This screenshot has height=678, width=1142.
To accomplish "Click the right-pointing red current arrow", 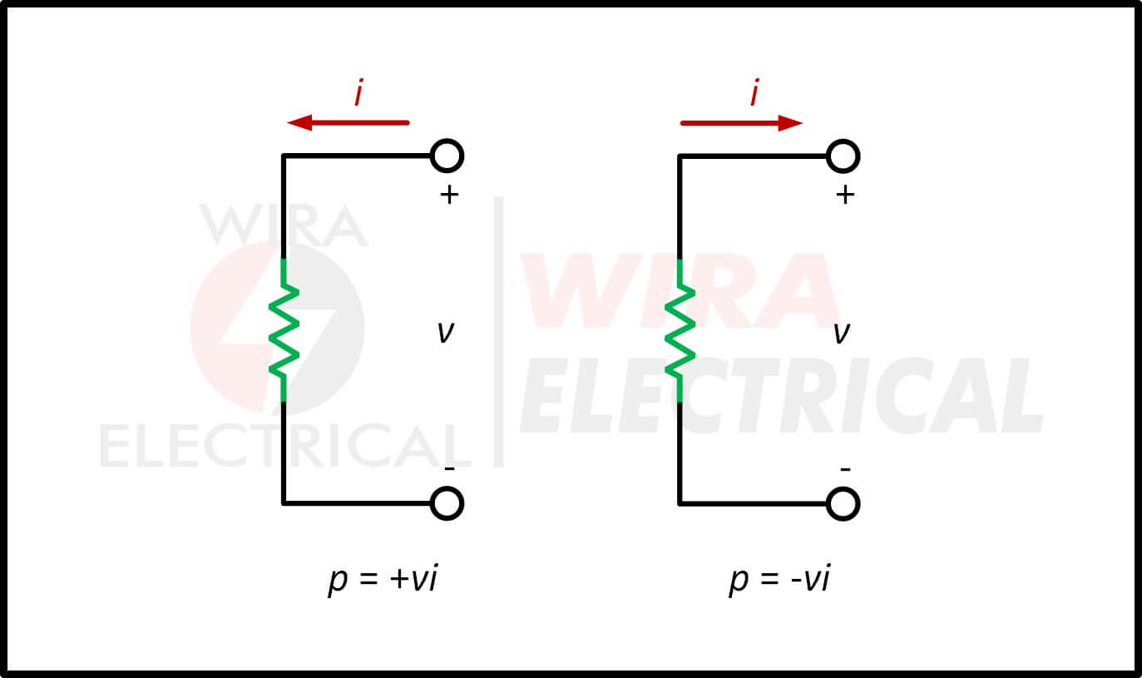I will click(741, 124).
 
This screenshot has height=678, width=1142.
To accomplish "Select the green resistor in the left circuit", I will click(284, 329).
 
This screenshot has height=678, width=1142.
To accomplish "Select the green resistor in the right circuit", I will click(680, 329).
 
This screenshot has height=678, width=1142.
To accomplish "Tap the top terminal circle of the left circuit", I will click(447, 156).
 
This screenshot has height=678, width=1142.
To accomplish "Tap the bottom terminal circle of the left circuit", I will click(447, 503).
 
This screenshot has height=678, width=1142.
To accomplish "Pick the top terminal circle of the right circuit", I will click(843, 156).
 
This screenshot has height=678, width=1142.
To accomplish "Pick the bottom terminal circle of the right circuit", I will click(843, 503).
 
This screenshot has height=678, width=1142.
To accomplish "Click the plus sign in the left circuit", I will click(448, 195).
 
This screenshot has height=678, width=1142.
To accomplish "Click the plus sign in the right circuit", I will click(845, 195).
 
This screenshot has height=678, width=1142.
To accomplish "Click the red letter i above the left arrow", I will click(358, 93).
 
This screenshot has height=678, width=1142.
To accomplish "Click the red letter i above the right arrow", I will click(754, 93).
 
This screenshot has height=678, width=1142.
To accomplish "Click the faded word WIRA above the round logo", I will click(283, 225).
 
